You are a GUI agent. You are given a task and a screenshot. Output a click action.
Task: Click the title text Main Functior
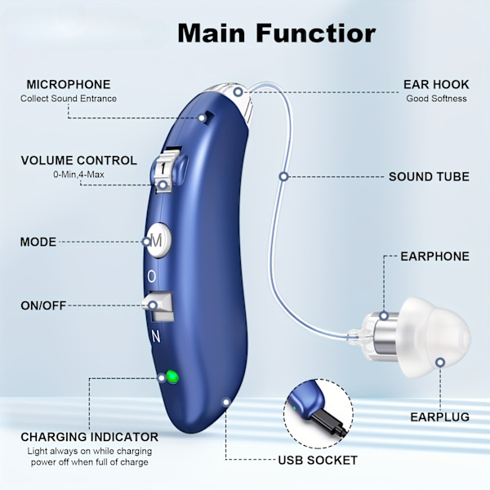(x=276, y=33)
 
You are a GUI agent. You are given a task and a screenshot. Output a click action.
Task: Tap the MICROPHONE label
(x=69, y=84)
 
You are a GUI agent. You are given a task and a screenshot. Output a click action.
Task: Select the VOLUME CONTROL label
(x=79, y=160)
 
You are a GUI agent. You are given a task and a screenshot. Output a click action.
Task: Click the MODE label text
(x=38, y=242)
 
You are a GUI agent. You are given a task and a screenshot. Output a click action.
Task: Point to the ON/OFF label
(x=43, y=305)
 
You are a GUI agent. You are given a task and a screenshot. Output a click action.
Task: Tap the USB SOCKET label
(x=318, y=460)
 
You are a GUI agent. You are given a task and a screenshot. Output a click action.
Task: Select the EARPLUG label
(x=439, y=416)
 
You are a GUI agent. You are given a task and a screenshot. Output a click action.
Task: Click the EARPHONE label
(x=434, y=256)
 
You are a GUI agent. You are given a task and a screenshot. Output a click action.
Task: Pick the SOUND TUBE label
(x=429, y=176)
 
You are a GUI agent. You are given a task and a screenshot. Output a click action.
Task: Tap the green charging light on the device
(x=171, y=376)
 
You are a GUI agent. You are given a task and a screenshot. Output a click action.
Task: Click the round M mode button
(x=158, y=240)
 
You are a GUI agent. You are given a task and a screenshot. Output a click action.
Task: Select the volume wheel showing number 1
(x=167, y=168)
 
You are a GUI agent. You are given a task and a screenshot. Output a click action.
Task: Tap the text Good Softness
(x=436, y=99)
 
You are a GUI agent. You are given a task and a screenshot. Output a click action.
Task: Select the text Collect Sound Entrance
(x=69, y=99)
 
